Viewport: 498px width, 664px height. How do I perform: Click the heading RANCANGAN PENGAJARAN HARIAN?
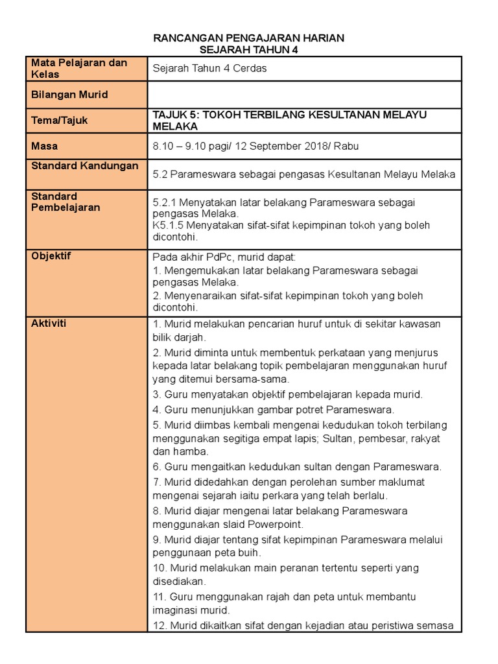pyautogui.click(x=248, y=38)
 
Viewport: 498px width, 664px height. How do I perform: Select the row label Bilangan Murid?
pyautogui.click(x=69, y=95)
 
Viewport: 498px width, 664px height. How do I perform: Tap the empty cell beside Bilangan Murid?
pyautogui.click(x=304, y=95)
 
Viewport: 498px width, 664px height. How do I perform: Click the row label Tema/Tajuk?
pyautogui.click(x=60, y=121)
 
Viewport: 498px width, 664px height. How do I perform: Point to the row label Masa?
pyautogui.click(x=45, y=147)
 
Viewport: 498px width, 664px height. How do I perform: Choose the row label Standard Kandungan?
pyautogui.click(x=85, y=166)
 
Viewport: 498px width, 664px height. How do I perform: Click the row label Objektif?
pyautogui.click(x=51, y=255)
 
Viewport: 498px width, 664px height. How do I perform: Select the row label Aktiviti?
pyautogui.click(x=49, y=323)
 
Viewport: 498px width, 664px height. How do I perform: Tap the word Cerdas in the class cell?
pyautogui.click(x=251, y=69)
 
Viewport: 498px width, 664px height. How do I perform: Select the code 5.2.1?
pyautogui.click(x=165, y=202)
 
